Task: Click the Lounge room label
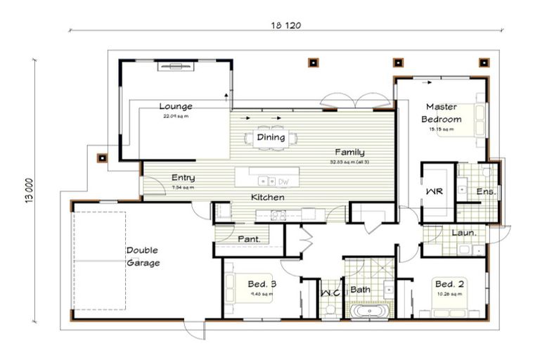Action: tap(175, 106)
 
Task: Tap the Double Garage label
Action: tap(143, 257)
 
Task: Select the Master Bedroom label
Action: tap(442, 113)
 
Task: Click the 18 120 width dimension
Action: tap(286, 25)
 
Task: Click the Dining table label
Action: tap(271, 138)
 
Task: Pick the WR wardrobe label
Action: tap(434, 192)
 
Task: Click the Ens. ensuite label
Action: tap(486, 191)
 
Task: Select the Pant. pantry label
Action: tap(249, 239)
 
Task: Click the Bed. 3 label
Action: tap(262, 284)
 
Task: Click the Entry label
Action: tap(183, 178)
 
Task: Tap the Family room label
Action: tap(349, 152)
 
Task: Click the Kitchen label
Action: tap(268, 198)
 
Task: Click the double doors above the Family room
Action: tap(347, 103)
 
